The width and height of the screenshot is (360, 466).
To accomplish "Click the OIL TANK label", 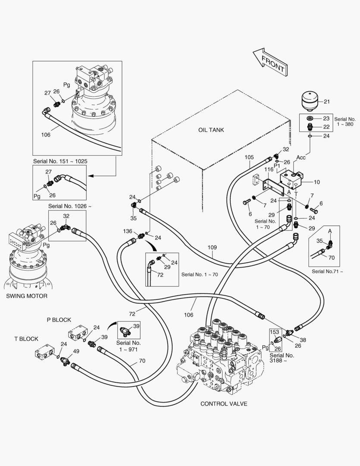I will (x=211, y=130).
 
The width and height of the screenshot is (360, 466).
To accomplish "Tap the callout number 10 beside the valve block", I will (x=317, y=182).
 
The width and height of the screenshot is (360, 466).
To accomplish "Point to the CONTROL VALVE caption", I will (x=224, y=404).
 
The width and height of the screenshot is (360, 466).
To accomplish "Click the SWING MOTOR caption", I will (x=27, y=296).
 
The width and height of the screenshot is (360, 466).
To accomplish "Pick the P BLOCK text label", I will (x=59, y=320).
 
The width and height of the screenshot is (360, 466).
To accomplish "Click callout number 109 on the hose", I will (x=212, y=248).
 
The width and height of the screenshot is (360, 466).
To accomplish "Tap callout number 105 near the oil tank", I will (x=249, y=157).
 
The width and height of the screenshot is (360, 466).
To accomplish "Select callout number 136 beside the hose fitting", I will (x=127, y=231).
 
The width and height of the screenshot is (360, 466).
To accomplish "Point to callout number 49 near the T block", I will (x=76, y=351).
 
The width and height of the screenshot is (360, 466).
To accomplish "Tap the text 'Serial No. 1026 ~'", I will (x=69, y=206).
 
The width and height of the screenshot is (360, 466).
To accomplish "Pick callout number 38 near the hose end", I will (x=303, y=340).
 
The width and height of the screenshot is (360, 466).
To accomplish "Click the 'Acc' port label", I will (x=301, y=157).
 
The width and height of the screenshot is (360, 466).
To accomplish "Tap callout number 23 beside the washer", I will (x=326, y=118).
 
